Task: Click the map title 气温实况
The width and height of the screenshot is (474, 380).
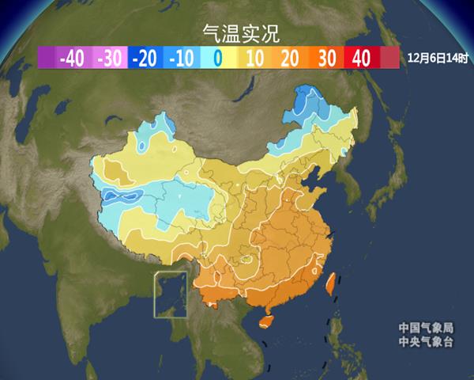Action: pyautogui.click(x=236, y=32)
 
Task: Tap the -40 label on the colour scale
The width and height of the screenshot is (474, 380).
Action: pyautogui.click(x=72, y=58)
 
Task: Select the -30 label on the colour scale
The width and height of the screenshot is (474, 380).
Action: pyautogui.click(x=109, y=58)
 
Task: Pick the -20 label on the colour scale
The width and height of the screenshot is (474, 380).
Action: pyautogui.click(x=145, y=58)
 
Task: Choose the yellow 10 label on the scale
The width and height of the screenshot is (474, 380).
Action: pyautogui.click(x=254, y=58)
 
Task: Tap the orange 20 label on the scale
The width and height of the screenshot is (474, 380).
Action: pyautogui.click(x=289, y=58)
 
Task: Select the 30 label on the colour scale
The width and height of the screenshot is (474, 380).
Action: pyautogui.click(x=325, y=58)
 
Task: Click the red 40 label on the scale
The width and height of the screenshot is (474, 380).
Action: pyautogui.click(x=361, y=58)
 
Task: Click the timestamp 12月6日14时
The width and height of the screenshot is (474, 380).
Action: pyautogui.click(x=436, y=58)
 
